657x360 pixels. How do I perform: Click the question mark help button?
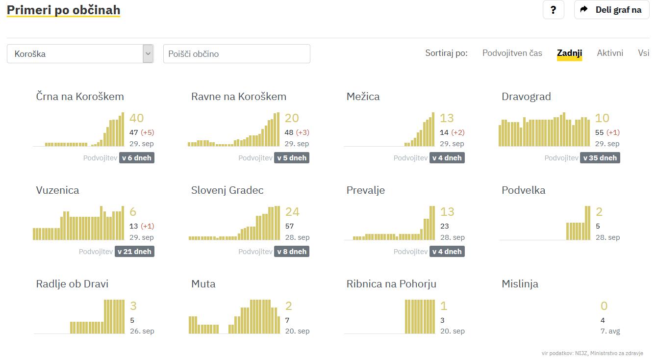[554, 10]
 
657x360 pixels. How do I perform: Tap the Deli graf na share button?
[611, 10]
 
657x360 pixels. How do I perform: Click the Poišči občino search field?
[236, 53]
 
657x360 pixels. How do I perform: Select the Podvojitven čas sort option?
[512, 53]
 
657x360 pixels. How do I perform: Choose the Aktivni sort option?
[610, 53]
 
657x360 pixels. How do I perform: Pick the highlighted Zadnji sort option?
[569, 53]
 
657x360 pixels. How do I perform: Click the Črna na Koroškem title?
[80, 96]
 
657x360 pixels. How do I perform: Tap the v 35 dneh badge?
[600, 158]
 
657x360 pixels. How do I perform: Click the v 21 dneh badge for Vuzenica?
[134, 252]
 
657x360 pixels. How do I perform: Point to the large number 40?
[136, 118]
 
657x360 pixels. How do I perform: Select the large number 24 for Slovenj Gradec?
[292, 212]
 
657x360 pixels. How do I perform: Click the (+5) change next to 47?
[148, 132]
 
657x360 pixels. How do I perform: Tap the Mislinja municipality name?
[520, 283]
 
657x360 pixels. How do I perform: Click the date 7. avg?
[610, 331]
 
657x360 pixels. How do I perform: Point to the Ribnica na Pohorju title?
[391, 283]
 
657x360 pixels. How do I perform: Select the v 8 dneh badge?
[292, 252]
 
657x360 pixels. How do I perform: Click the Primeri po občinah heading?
[63, 10]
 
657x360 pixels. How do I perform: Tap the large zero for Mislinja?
[604, 306]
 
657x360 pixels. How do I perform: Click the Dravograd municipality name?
[526, 96]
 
